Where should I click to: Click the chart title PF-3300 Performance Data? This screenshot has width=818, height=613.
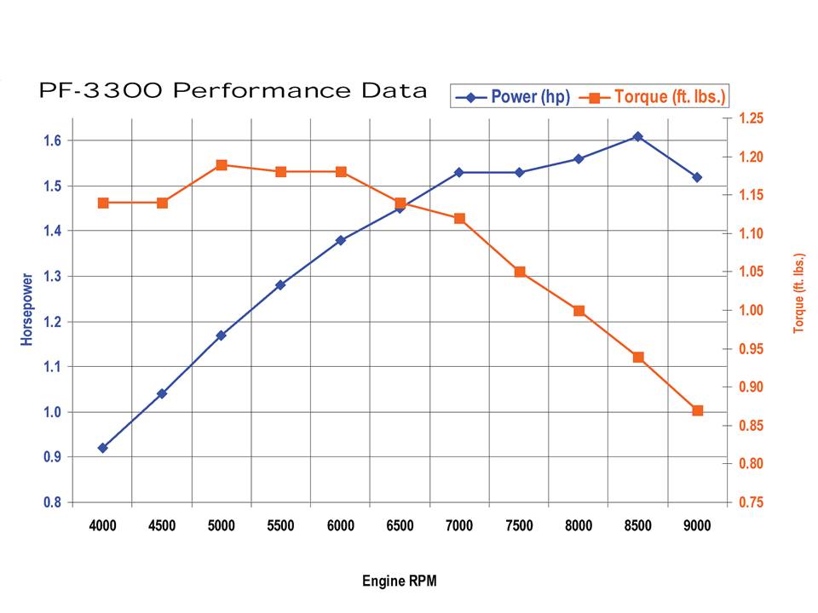pyautogui.click(x=233, y=91)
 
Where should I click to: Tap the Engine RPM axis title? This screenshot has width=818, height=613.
pyautogui.click(x=400, y=581)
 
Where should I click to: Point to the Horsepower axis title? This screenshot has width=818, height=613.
pyautogui.click(x=27, y=309)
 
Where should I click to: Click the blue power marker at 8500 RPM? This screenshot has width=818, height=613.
pyautogui.click(x=637, y=136)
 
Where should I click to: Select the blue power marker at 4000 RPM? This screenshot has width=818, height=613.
pyautogui.click(x=103, y=448)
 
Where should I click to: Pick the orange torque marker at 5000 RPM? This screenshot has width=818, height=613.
pyautogui.click(x=222, y=165)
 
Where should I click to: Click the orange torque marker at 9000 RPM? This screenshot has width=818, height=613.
pyautogui.click(x=697, y=410)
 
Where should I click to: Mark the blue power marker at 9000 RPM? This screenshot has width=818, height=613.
pyautogui.click(x=697, y=177)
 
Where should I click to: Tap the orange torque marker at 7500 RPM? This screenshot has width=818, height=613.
pyautogui.click(x=519, y=272)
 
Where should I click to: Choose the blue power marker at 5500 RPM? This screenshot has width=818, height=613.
pyautogui.click(x=280, y=285)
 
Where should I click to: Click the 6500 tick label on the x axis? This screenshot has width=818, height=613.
pyautogui.click(x=400, y=526)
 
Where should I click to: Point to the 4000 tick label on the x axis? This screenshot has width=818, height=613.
pyautogui.click(x=103, y=526)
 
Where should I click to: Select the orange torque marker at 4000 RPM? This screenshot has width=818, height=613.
pyautogui.click(x=103, y=203)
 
